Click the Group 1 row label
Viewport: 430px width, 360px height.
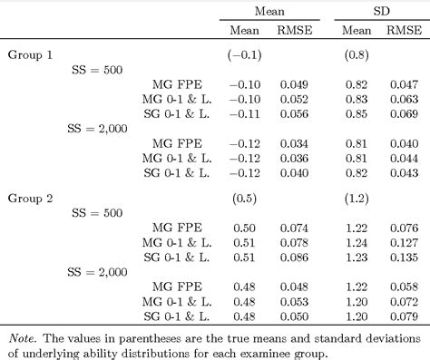(31, 54)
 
